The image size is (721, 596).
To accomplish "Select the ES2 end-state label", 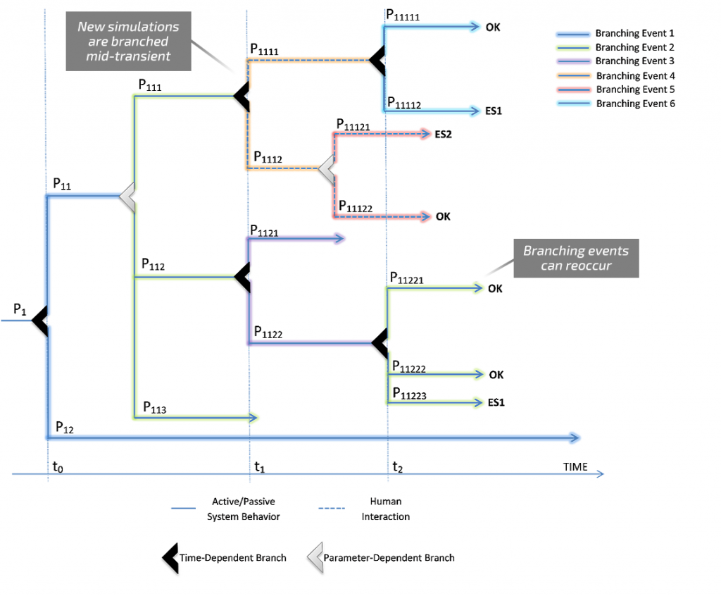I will pos(443,135).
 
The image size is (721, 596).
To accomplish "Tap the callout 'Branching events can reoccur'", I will pos(575,258).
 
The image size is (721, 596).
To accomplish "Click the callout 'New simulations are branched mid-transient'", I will pos(128,42).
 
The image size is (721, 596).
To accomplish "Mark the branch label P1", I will pos(20,309).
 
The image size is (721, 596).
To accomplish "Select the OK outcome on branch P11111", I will pos(493,27).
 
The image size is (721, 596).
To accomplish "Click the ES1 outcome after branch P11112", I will pos(494,111).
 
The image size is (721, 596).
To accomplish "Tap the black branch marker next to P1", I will pos(39,321).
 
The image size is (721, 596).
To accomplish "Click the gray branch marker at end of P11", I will pos(127,195).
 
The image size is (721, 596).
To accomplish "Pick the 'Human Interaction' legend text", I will pos(385,509).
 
